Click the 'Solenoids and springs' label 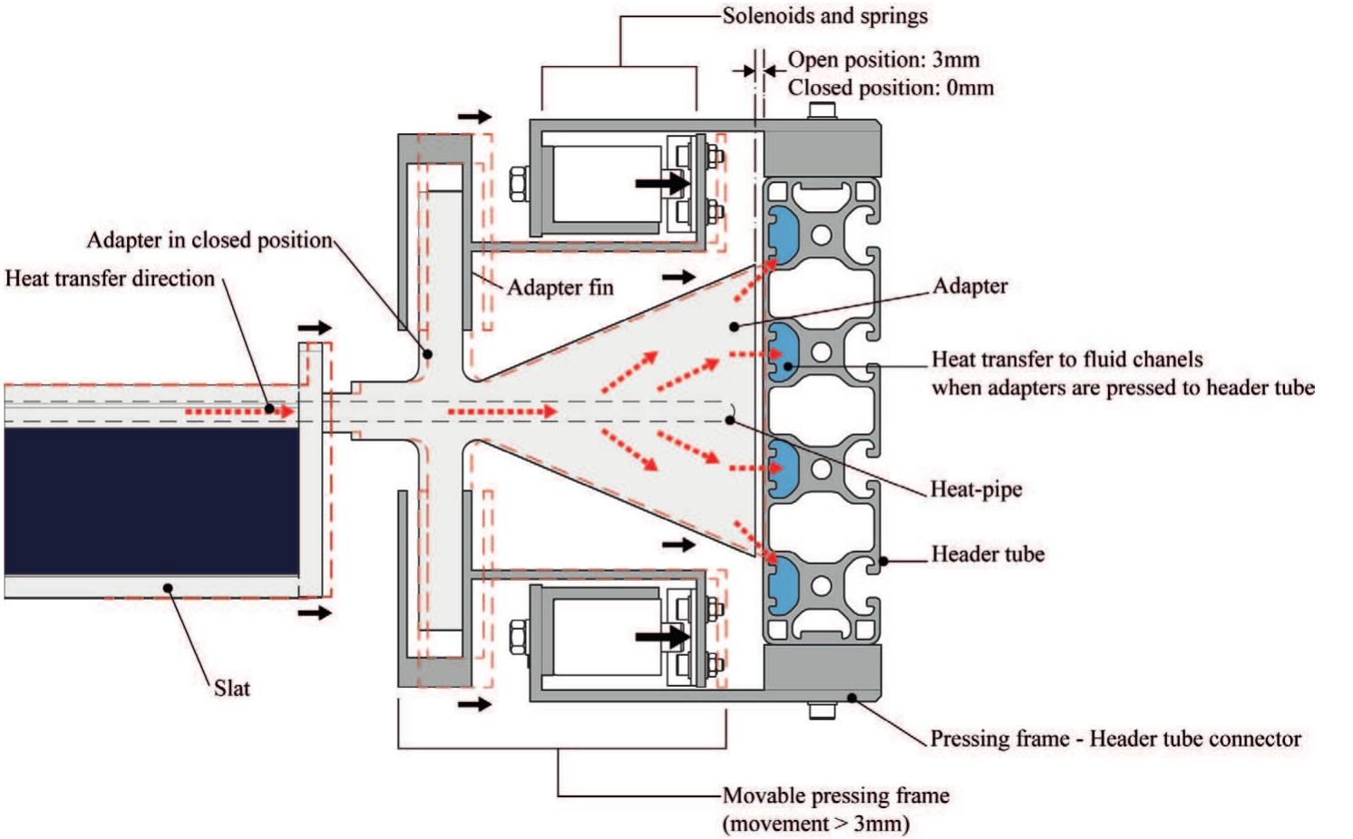point(824,16)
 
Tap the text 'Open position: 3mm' point(883,60)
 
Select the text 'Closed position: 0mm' point(891,88)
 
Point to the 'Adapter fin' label point(560,288)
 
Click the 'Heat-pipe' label point(976,489)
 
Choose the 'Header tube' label point(988,555)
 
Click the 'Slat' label point(231,689)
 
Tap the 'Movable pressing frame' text point(835,796)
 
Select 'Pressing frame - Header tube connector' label point(1115,739)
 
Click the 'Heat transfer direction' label point(110,279)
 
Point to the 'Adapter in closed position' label point(209,240)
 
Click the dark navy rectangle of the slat point(151,501)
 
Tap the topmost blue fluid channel point(780,236)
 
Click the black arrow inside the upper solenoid point(662,183)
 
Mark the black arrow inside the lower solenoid point(662,636)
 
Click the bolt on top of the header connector point(822,111)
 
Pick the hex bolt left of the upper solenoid point(519,183)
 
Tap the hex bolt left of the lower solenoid point(519,636)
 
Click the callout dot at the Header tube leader point(883,562)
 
